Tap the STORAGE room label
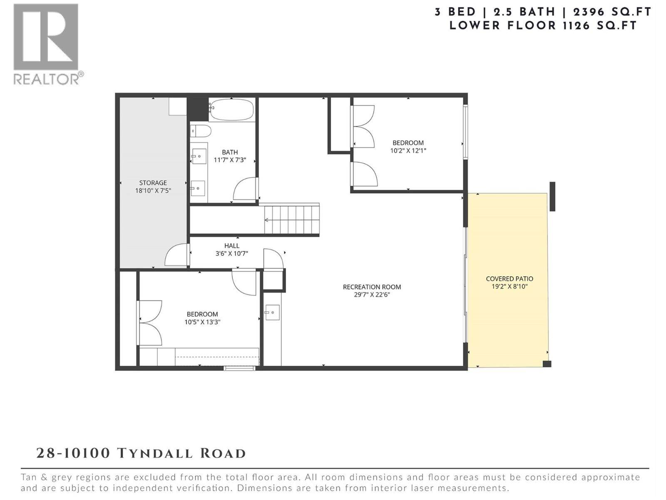pos(153,182)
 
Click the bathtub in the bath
pos(231,110)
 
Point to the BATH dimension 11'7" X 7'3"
pos(230,160)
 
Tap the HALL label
pos(232,246)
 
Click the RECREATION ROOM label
pos(372,287)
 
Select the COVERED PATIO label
pos(509,279)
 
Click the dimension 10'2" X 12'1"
pos(408,151)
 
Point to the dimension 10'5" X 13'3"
pos(202,322)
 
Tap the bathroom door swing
pos(245,190)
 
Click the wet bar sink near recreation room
pos(272,312)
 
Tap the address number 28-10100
pos(73,453)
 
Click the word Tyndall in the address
pos(156,453)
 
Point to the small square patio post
pos(547,364)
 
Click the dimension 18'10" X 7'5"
pos(153,191)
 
